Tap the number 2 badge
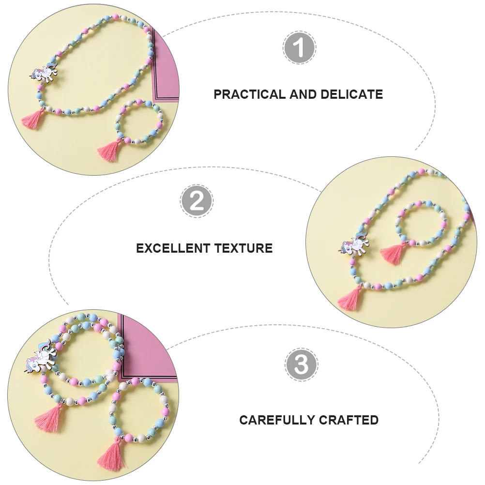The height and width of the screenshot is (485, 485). [x=197, y=201]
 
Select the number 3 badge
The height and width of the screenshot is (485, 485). [x=301, y=364]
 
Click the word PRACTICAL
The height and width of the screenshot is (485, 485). [x=250, y=94]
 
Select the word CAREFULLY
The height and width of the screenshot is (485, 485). [x=276, y=420]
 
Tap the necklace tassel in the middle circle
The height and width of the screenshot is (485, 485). [x=350, y=299]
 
